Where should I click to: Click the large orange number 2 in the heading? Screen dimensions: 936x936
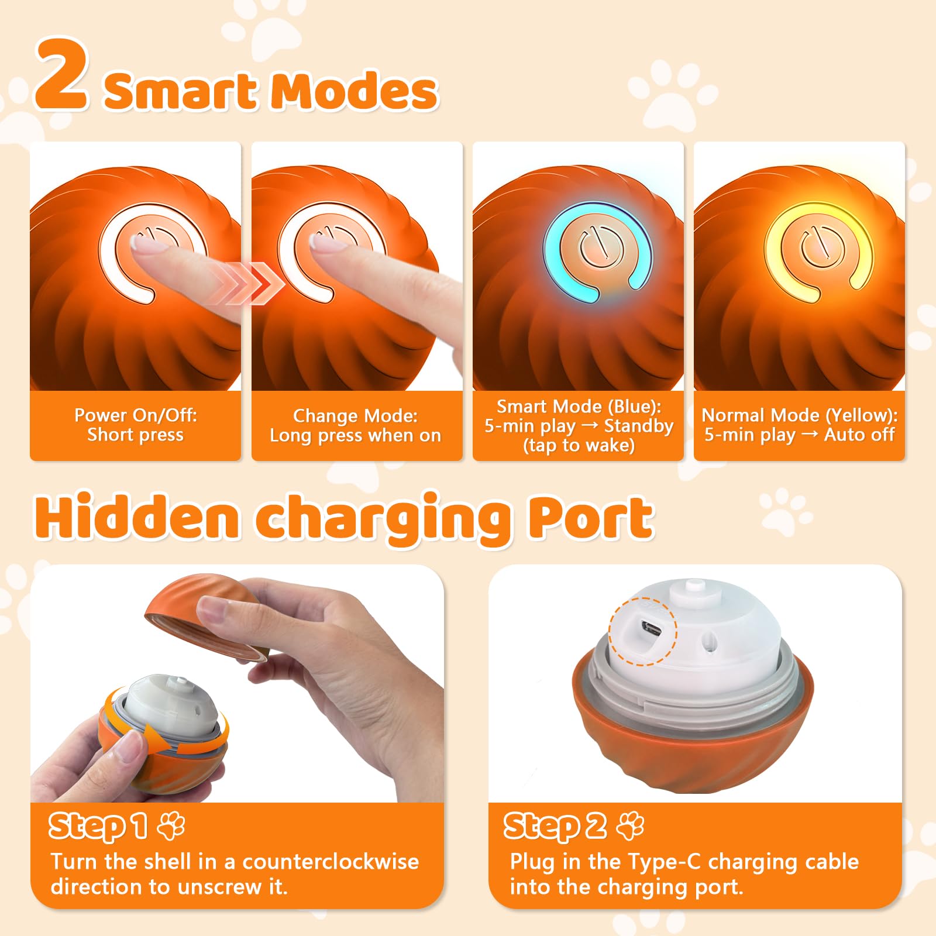[62, 75]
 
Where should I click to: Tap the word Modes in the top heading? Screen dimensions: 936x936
[355, 91]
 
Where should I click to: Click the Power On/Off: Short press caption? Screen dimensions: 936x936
[136, 425]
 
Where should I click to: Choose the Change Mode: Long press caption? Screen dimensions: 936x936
[355, 425]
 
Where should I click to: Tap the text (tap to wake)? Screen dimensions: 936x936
[579, 446]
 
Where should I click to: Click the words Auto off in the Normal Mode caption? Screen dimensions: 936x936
[859, 435]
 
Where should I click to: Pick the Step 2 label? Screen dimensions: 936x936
[555, 826]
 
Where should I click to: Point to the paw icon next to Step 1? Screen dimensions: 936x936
[171, 825]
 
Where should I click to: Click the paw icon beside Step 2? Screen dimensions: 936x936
[631, 825]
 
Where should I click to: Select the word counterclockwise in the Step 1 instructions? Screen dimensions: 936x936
[331, 862]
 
